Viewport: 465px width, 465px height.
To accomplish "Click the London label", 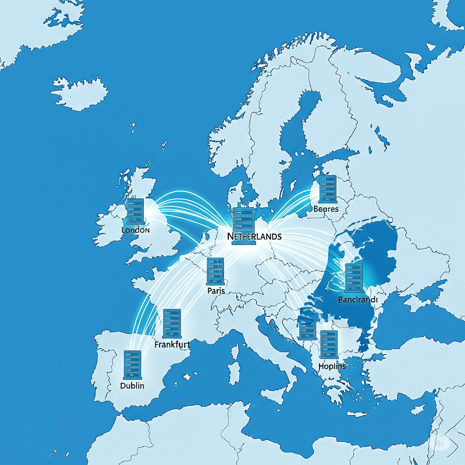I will [x=135, y=230].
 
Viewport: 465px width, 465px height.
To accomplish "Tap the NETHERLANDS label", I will [x=254, y=236].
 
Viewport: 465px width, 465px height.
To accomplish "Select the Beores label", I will [x=326, y=209].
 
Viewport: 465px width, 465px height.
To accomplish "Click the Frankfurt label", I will [x=172, y=345].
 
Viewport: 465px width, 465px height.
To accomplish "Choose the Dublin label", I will [x=132, y=386].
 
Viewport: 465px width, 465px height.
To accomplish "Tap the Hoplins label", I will [x=332, y=366].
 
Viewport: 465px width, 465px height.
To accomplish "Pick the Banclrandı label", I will [x=358, y=300].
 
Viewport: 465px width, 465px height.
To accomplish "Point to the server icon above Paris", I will [x=216, y=271].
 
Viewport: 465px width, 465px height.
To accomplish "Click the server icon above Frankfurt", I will [x=172, y=323].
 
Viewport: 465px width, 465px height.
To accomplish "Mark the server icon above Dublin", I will [x=132, y=364].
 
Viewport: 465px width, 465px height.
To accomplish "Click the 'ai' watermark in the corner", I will [x=440, y=443].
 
